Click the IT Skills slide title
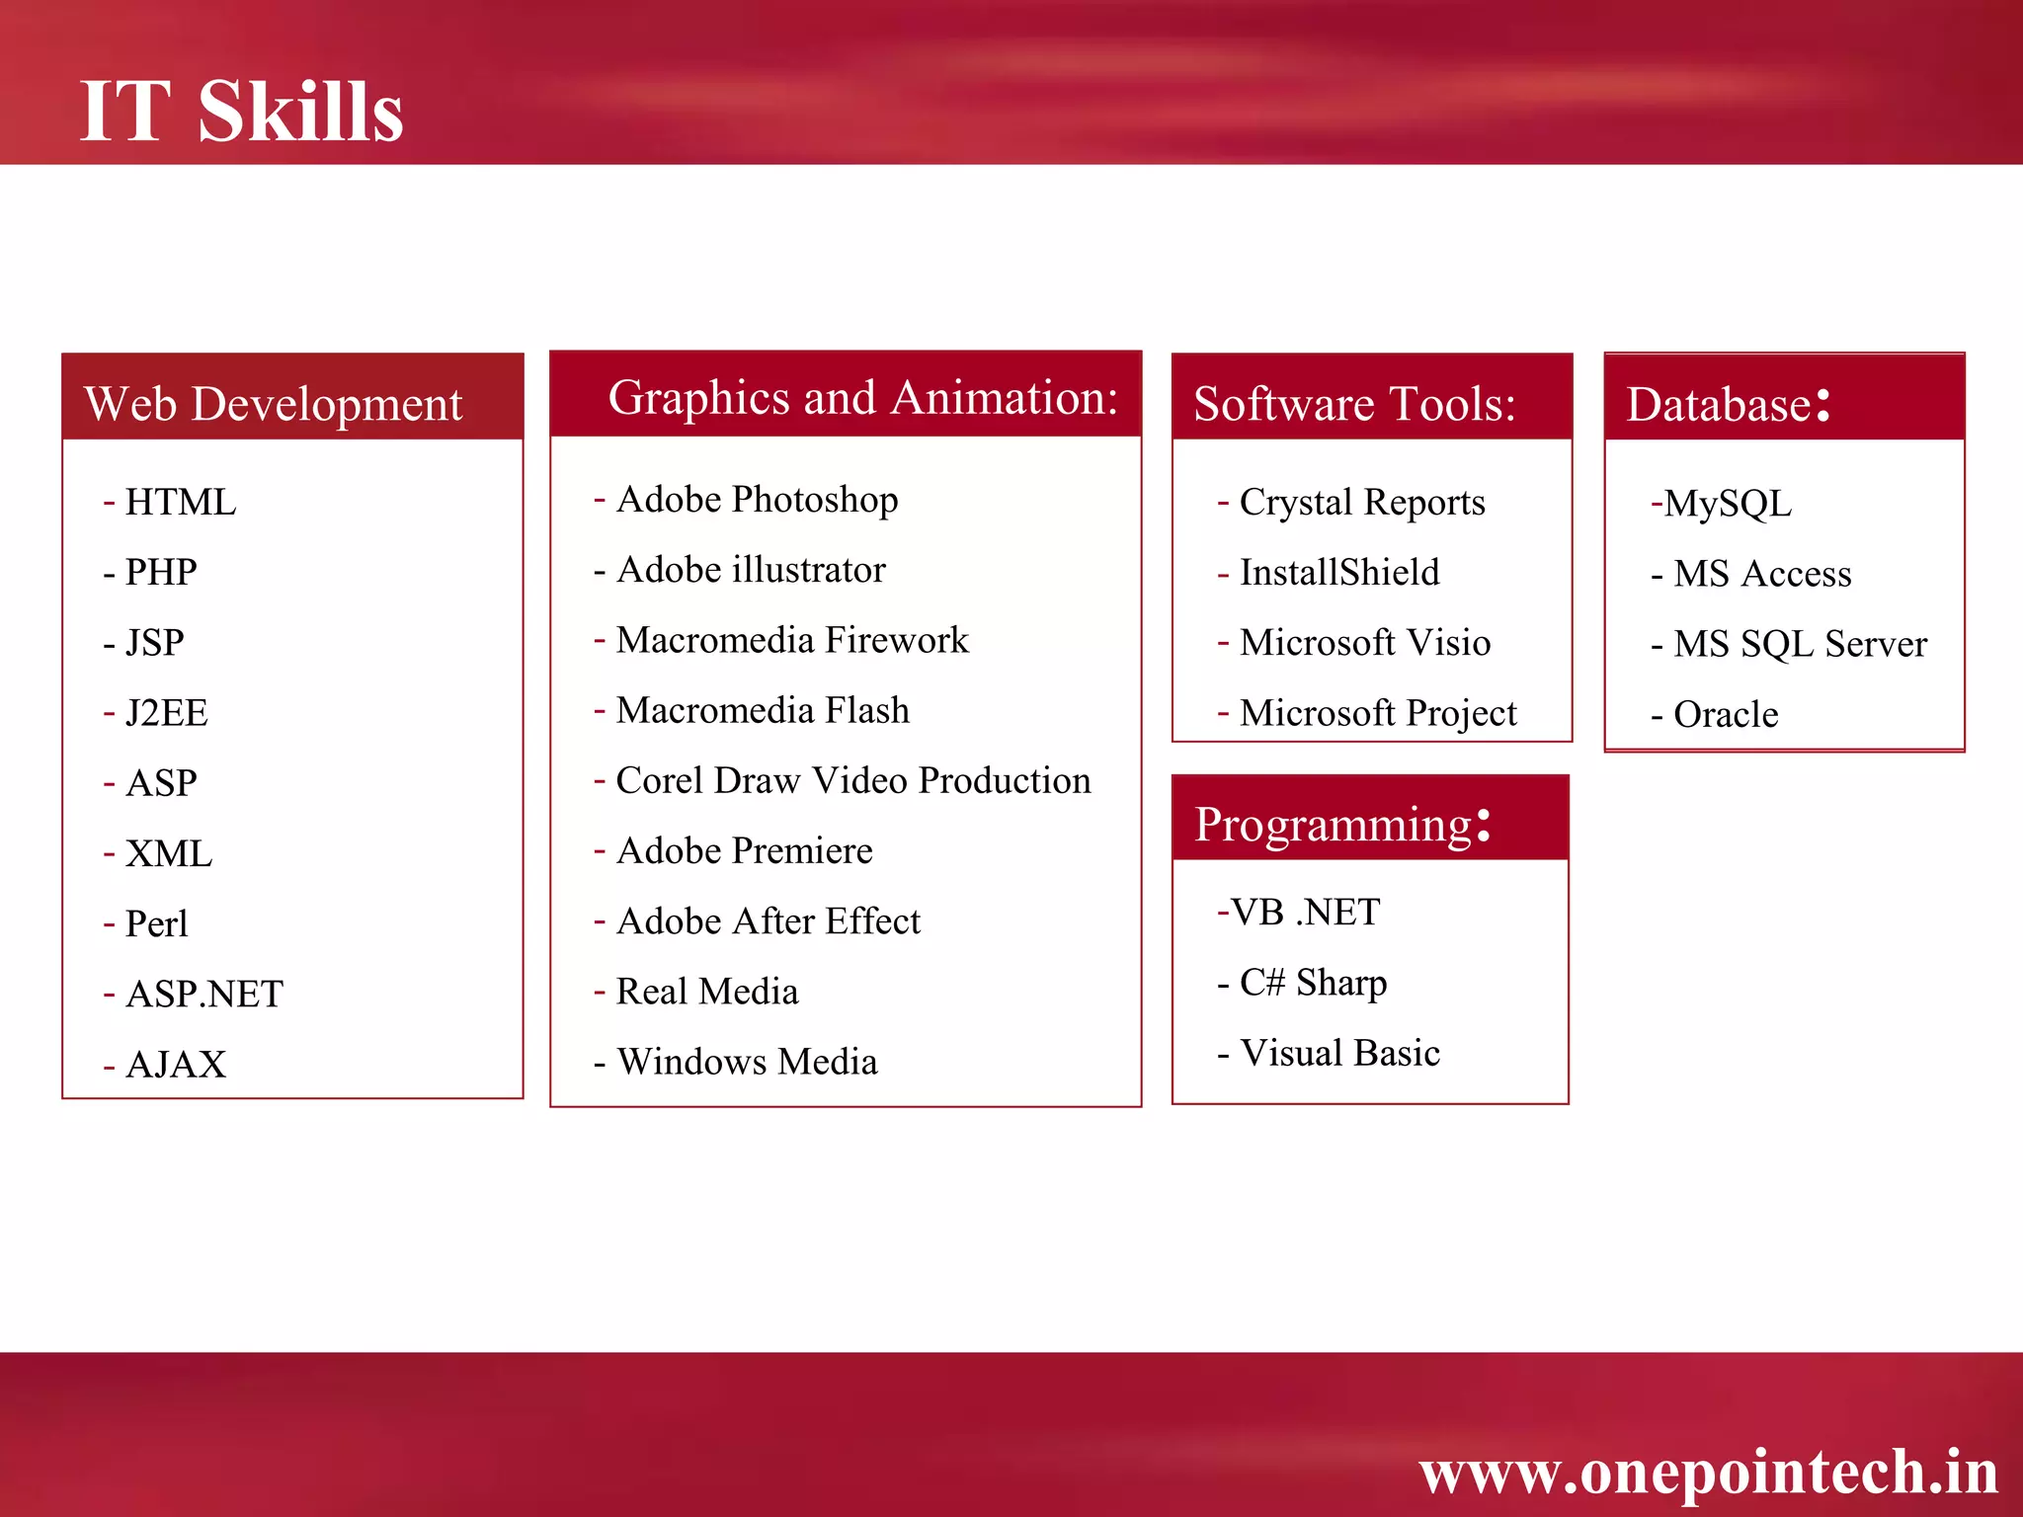point(241,111)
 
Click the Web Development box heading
point(273,403)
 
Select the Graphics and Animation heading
point(862,397)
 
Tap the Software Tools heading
point(1354,403)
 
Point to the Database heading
point(1728,403)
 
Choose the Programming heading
point(1341,824)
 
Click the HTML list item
point(180,502)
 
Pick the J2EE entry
point(166,712)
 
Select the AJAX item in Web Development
point(176,1064)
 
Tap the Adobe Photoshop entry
point(757,499)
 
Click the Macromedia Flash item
point(762,709)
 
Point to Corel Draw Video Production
point(852,780)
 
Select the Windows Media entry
point(747,1062)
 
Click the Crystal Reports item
point(1361,502)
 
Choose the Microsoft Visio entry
point(1364,642)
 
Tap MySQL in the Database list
point(1727,503)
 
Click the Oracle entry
point(1725,714)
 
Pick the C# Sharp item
point(1313,982)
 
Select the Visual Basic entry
point(1339,1053)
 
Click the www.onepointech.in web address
point(1708,1472)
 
